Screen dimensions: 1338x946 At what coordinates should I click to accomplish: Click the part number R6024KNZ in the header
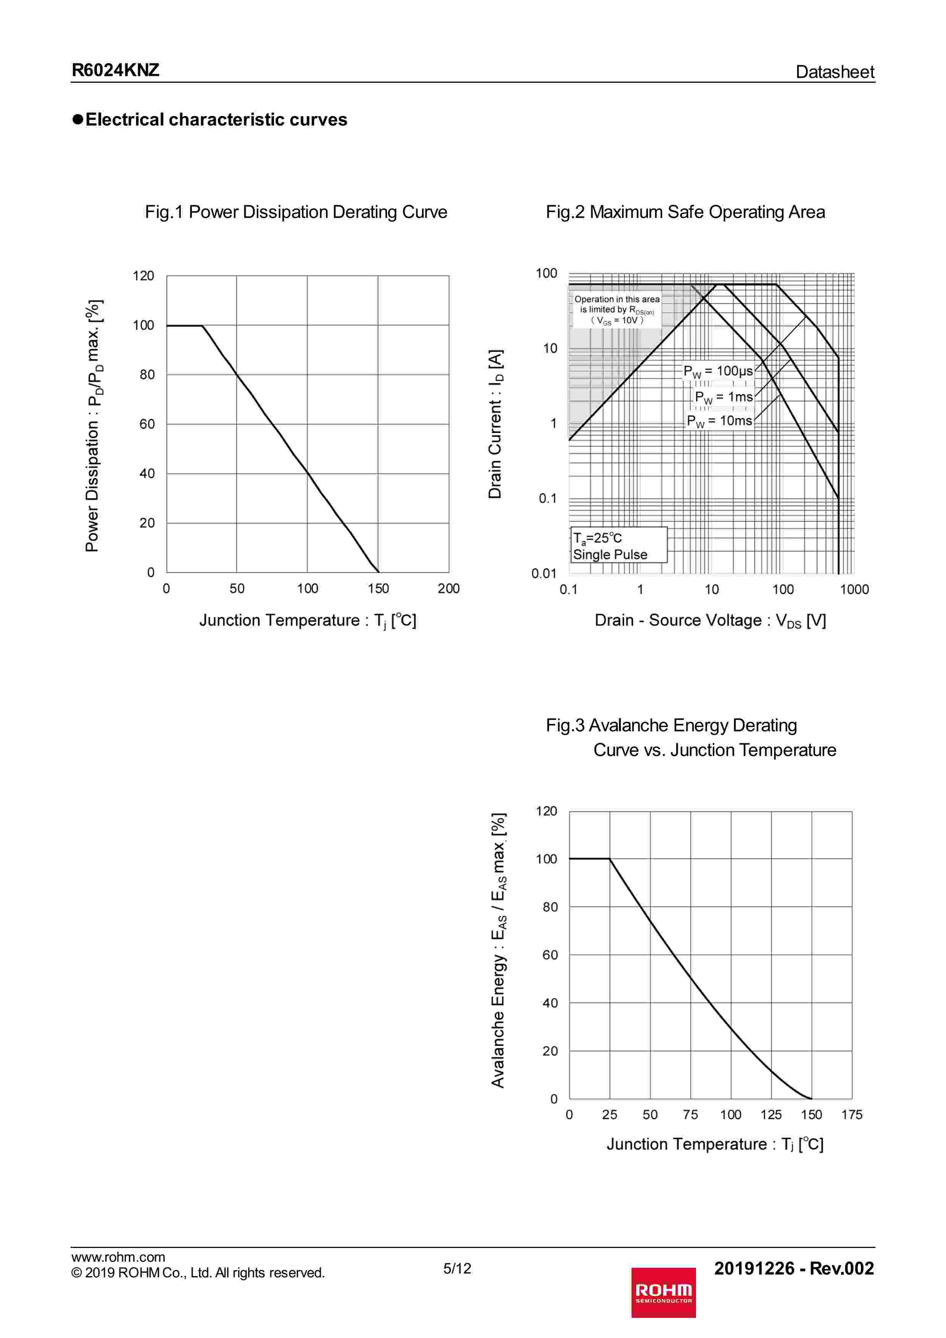click(115, 71)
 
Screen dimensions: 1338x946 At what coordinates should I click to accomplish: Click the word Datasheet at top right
click(834, 72)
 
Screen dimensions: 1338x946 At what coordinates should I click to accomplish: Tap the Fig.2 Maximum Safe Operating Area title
click(685, 212)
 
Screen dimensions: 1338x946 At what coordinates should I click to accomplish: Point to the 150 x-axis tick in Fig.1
click(378, 589)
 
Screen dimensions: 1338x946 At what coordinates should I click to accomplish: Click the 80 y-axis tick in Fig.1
click(147, 375)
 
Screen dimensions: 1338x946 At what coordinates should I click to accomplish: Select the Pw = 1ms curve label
click(724, 397)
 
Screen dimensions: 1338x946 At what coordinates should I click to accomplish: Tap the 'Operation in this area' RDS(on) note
click(617, 309)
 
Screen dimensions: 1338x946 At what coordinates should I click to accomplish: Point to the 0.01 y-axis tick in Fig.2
click(544, 573)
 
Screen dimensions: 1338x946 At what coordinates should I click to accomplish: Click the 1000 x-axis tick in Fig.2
click(854, 590)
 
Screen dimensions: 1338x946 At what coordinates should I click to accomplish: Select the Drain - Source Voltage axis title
click(710, 621)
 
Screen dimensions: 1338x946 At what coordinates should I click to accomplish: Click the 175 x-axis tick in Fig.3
click(852, 1115)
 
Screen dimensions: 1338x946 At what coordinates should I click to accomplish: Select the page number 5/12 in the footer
click(457, 1269)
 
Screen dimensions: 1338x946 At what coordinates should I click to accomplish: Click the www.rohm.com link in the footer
click(118, 1257)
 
